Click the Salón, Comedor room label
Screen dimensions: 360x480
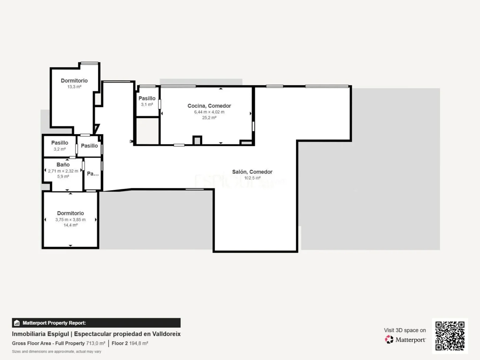252,172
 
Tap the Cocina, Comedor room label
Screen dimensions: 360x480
209,106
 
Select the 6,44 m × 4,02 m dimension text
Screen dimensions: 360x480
209,112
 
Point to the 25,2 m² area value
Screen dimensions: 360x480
209,118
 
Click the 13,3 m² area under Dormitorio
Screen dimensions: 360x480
74,87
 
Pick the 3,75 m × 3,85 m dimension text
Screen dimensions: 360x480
71,220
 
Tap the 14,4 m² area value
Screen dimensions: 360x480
71,225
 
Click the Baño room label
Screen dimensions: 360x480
63,165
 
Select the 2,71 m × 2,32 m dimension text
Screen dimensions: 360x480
63,171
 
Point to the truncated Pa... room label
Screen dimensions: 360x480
93,174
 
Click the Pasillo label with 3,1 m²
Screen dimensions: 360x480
147,98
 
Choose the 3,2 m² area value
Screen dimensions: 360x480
59,149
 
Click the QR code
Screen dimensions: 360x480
450,336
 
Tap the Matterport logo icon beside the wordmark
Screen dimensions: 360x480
389,339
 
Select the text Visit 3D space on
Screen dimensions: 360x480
405,330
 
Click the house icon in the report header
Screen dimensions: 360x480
17,323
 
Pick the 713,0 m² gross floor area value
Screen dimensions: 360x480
96,343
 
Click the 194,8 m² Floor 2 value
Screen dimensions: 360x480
138,343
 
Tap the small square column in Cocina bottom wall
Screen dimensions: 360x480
198,140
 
